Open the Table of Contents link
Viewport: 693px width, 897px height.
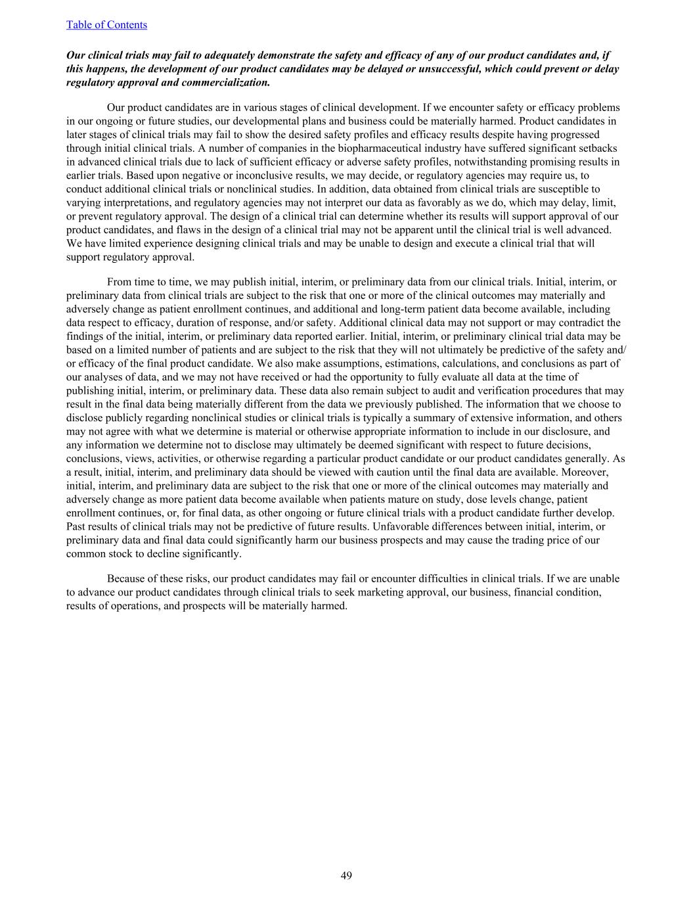tap(106, 25)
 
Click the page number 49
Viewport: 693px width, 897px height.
tap(346, 875)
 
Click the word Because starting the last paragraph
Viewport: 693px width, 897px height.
tap(128, 579)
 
